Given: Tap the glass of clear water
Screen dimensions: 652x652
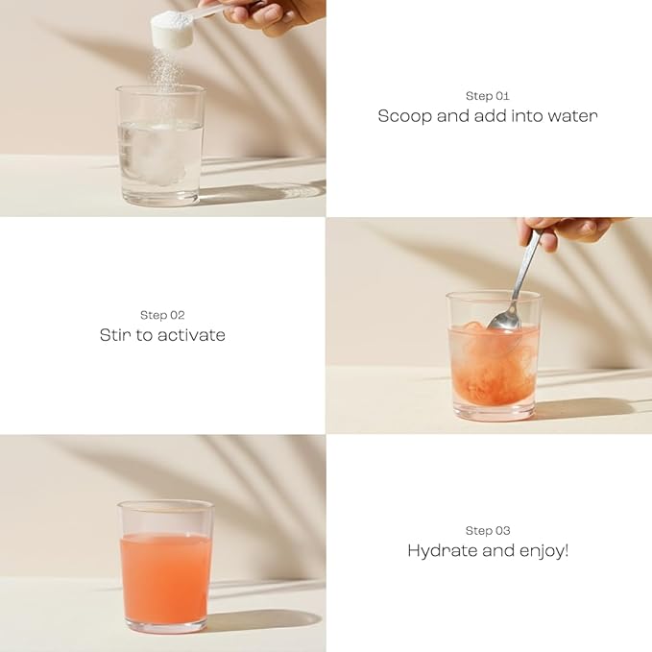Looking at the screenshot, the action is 160,146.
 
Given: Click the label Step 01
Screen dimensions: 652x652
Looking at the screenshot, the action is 488,96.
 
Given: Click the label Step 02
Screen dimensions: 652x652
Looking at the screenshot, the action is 162,315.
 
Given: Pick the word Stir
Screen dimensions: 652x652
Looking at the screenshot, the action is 115,335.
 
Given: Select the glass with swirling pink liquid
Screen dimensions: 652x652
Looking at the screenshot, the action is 494,356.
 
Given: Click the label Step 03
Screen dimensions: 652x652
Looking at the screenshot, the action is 488,531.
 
